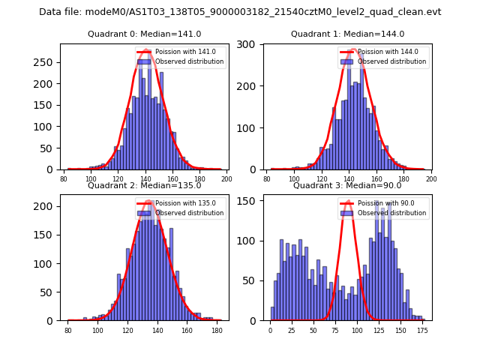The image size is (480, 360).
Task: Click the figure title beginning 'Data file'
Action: pos(240,12)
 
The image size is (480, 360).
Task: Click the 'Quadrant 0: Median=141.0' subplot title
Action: pos(144,34)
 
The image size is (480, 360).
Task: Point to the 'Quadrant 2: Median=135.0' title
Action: pos(144,185)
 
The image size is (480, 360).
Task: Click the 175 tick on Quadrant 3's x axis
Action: pos(422,330)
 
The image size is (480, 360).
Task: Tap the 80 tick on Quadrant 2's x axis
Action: pos(67,330)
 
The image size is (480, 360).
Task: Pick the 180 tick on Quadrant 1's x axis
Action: pos(403,178)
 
